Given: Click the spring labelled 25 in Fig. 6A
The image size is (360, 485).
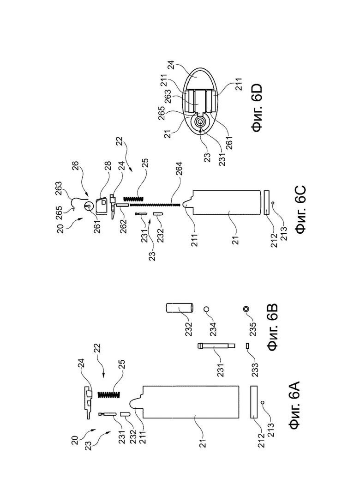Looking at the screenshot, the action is pyautogui.click(x=109, y=394).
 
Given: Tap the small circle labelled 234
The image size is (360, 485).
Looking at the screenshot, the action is pyautogui.click(x=207, y=309).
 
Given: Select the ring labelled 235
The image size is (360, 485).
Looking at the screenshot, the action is pyautogui.click(x=246, y=309).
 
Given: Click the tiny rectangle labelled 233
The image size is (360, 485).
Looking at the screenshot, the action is pyautogui.click(x=247, y=346).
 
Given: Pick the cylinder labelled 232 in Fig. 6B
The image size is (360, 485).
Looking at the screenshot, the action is pyautogui.click(x=180, y=308).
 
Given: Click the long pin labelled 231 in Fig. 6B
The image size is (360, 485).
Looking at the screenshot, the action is pyautogui.click(x=216, y=346).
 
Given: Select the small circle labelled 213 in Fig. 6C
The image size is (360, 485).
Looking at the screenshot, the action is pyautogui.click(x=273, y=203).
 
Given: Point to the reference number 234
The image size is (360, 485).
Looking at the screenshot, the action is pyautogui.click(x=213, y=328).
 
